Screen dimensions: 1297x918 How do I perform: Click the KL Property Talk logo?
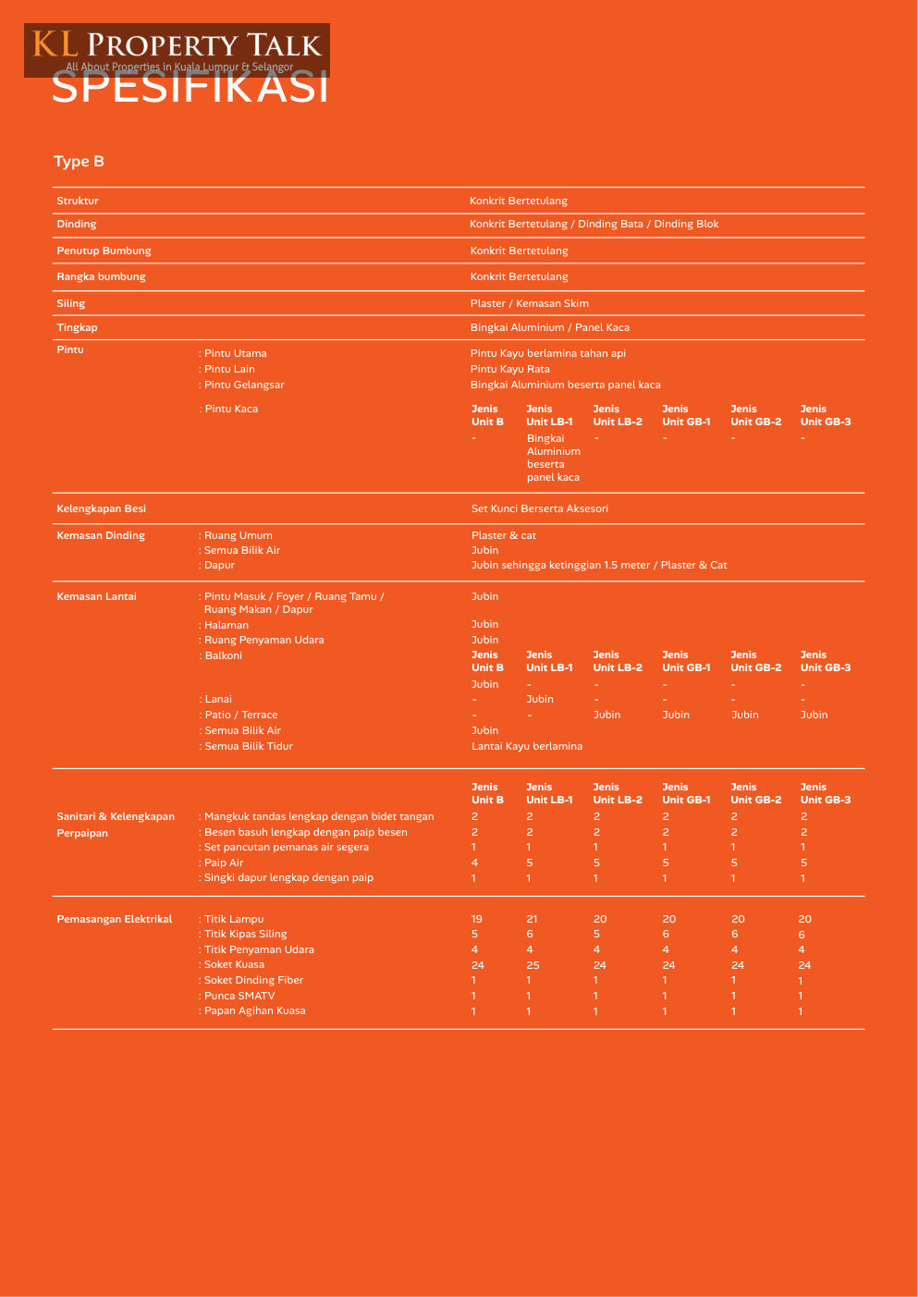click(x=177, y=49)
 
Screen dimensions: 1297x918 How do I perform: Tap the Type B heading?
click(x=80, y=162)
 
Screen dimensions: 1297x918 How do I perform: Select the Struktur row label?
click(x=78, y=201)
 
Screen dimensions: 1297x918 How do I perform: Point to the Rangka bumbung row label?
click(x=101, y=276)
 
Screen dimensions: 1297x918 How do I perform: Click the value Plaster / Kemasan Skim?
click(x=529, y=303)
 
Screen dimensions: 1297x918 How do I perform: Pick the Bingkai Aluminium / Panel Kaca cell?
click(x=549, y=327)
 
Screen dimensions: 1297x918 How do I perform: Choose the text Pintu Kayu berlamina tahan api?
click(x=547, y=353)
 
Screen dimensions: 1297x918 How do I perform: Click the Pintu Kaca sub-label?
click(x=230, y=409)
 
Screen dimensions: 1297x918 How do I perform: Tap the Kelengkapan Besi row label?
click(x=101, y=508)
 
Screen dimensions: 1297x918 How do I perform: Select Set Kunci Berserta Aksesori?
click(x=539, y=508)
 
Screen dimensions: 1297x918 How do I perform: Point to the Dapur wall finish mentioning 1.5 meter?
click(x=598, y=565)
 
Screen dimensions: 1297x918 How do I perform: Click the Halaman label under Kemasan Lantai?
click(x=226, y=625)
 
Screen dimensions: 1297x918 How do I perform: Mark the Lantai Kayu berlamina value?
click(x=526, y=746)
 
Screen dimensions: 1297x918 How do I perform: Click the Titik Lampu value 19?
click(x=477, y=919)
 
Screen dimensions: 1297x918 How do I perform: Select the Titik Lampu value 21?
click(x=532, y=919)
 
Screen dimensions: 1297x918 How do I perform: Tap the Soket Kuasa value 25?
click(x=532, y=965)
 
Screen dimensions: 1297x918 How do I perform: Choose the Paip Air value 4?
click(x=475, y=863)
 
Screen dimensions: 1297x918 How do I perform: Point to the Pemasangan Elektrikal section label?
click(x=115, y=919)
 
